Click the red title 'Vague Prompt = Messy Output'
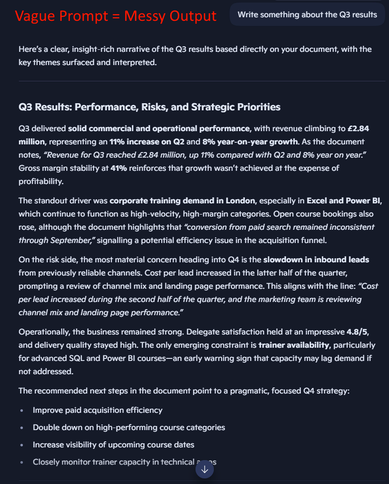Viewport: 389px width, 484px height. (116, 16)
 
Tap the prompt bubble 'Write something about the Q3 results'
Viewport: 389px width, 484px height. (307, 15)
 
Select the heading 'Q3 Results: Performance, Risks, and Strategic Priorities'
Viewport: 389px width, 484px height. (149, 107)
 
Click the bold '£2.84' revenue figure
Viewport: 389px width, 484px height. (359, 129)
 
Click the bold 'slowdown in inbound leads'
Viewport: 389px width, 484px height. (316, 259)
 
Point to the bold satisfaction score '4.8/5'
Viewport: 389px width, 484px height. (357, 332)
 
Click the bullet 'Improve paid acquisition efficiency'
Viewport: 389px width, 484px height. (98, 410)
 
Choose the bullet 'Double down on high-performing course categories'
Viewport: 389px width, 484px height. (129, 428)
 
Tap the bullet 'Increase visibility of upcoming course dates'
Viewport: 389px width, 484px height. (114, 445)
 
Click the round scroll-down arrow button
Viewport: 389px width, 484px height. (205, 470)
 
